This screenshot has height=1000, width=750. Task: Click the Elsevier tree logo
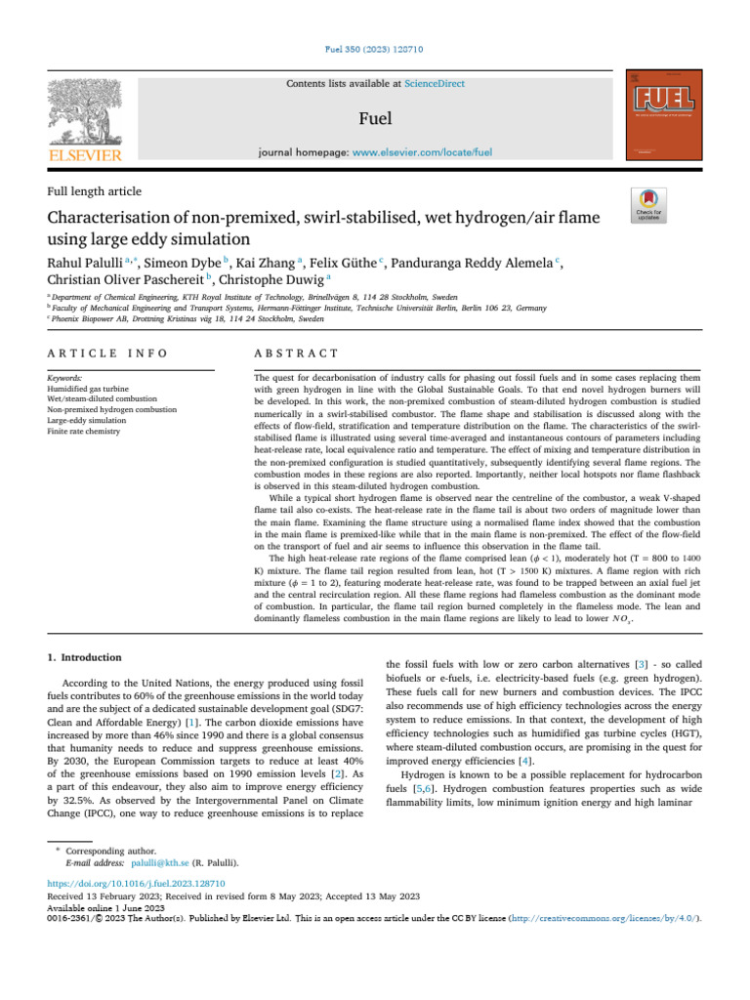click(86, 108)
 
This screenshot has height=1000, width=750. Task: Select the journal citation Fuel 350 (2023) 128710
click(374, 50)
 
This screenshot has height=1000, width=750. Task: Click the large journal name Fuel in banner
click(375, 118)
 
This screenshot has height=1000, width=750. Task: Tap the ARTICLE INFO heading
click(107, 353)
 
